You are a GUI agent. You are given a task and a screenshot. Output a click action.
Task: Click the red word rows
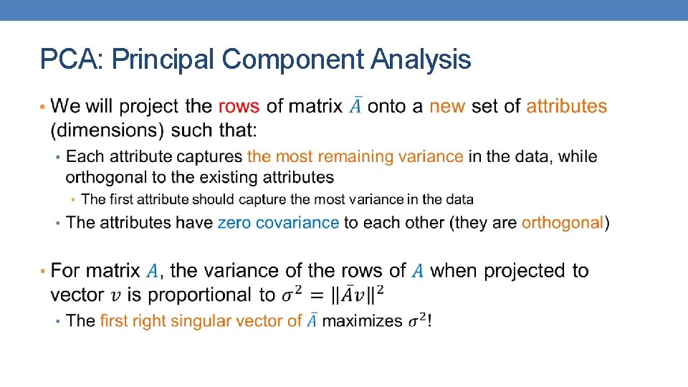pyautogui.click(x=239, y=106)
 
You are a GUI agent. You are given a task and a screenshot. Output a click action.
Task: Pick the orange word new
pyautogui.click(x=447, y=106)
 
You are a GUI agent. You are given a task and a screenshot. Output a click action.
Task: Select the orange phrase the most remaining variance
pyautogui.click(x=355, y=156)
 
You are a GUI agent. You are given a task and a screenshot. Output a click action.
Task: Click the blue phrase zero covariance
pyautogui.click(x=278, y=223)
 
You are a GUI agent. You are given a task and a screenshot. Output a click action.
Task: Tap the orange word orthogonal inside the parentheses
pyautogui.click(x=563, y=223)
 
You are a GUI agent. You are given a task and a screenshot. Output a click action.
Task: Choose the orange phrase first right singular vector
pyautogui.click(x=201, y=321)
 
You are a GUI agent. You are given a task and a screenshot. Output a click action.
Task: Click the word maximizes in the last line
pyautogui.click(x=362, y=321)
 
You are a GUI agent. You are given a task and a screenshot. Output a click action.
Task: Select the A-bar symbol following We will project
pyautogui.click(x=355, y=106)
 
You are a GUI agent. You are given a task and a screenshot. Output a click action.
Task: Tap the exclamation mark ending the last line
pyautogui.click(x=429, y=321)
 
